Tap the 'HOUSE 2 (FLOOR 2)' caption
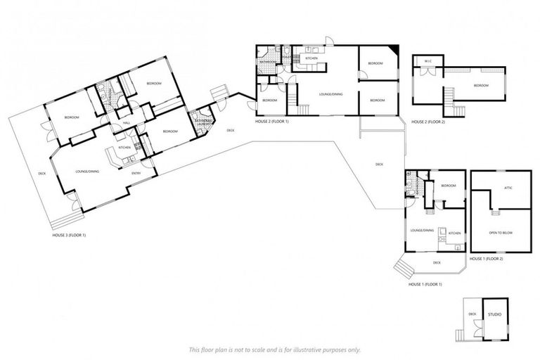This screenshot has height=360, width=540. (x=428, y=121)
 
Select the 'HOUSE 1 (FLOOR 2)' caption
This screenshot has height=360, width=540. (x=486, y=259)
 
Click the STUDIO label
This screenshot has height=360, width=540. (x=494, y=314)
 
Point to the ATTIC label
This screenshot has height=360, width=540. (x=508, y=188)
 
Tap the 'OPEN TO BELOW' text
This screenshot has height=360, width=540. (x=501, y=232)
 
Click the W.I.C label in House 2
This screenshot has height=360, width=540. (x=427, y=61)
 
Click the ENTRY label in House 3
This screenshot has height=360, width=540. (x=136, y=172)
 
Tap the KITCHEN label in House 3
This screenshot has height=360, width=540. (x=125, y=148)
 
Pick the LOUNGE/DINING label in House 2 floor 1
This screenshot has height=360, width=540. (x=330, y=94)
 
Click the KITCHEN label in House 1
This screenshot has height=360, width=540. (x=454, y=233)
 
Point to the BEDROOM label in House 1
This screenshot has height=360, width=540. (x=449, y=186)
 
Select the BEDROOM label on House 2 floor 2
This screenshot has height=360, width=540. (x=481, y=85)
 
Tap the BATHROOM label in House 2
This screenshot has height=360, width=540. (x=268, y=62)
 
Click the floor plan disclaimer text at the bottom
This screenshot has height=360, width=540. (x=274, y=349)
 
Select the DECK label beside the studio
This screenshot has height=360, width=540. (x=472, y=314)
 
